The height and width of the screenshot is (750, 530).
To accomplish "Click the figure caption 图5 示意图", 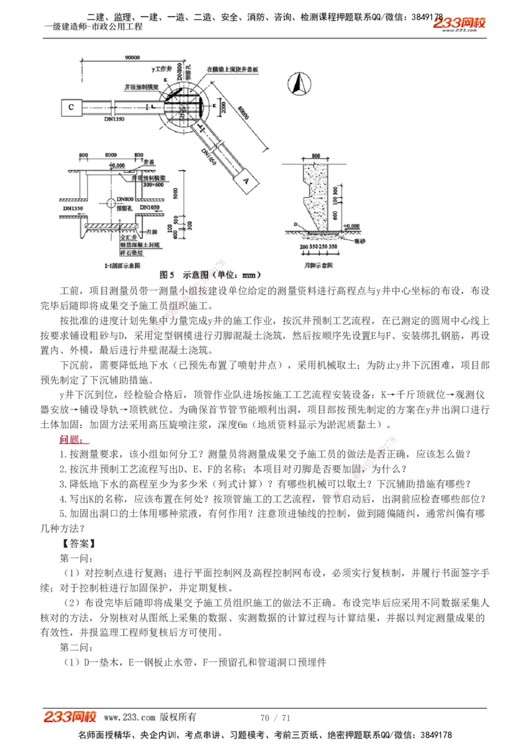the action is (x=211, y=274).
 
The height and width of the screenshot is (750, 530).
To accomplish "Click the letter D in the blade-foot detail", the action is (x=295, y=224).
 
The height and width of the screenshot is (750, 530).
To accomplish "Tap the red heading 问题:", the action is (x=72, y=439).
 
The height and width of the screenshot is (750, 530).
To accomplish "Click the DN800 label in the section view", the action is (x=125, y=199).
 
